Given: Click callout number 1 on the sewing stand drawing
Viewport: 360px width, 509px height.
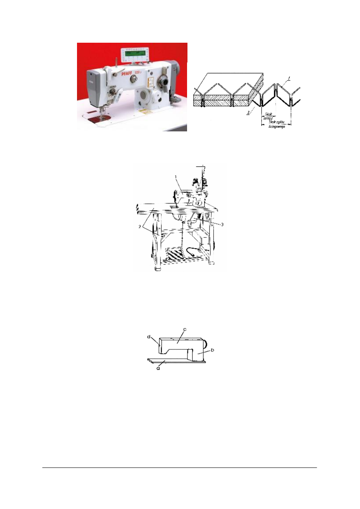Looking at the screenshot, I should tap(176, 177).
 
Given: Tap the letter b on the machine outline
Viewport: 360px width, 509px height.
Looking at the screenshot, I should tap(212, 350).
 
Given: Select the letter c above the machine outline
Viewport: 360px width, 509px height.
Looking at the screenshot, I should tap(184, 330).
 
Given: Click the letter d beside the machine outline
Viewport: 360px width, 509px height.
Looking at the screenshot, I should tap(149, 336).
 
